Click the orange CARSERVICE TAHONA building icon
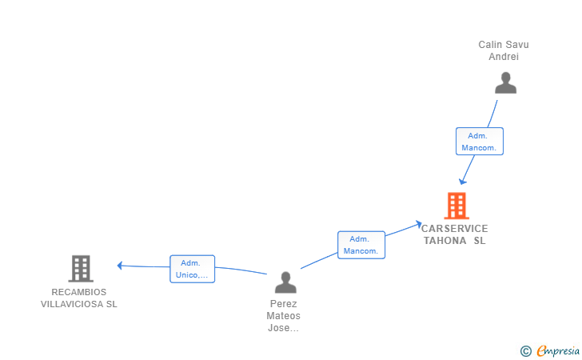[x=456, y=206]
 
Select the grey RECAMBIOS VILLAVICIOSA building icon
[x=81, y=269]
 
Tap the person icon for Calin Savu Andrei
[x=505, y=82]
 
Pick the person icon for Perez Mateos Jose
[x=285, y=282]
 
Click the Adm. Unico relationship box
[x=192, y=269]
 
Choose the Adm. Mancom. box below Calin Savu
[x=480, y=142]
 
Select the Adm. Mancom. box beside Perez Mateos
[x=361, y=245]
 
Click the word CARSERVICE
[x=455, y=229]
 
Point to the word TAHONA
[x=445, y=241]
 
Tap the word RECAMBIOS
[x=79, y=292]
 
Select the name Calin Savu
[x=504, y=45]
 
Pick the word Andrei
[x=504, y=57]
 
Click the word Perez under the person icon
[x=284, y=304]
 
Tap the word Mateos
[x=284, y=316]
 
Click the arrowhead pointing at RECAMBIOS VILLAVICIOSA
[x=120, y=266]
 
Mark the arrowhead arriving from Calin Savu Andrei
[x=462, y=182]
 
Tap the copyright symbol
[x=525, y=350]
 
